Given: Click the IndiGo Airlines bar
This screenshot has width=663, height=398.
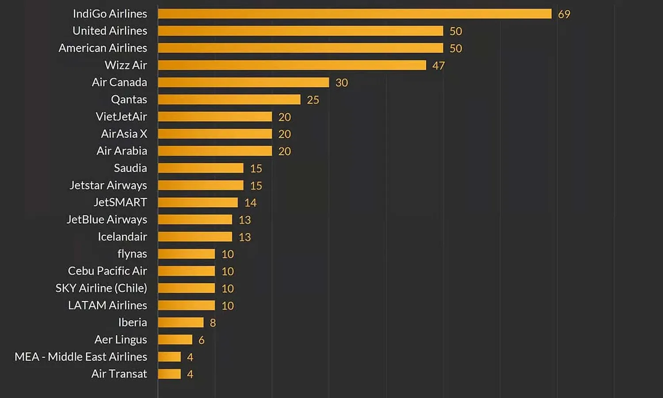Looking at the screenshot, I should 354,14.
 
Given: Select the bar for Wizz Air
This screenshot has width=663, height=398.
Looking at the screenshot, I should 292,65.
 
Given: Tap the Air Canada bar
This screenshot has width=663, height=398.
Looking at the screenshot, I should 243,82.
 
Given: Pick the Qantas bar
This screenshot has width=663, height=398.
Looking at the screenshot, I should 229,99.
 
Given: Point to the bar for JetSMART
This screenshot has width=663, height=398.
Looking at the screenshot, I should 198,203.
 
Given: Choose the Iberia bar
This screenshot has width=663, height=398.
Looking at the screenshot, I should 180,322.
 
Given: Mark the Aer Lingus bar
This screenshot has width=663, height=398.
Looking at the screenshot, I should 175,340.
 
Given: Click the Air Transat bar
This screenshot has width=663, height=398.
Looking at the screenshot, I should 169,374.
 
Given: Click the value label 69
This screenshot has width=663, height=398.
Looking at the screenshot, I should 564,14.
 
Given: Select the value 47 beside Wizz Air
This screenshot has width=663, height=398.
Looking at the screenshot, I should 438,66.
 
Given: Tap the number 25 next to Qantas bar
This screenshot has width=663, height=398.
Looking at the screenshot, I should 313,100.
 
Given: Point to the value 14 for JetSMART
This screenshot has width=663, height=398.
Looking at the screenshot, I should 250,203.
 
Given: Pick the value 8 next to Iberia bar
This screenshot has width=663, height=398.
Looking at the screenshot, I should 213,323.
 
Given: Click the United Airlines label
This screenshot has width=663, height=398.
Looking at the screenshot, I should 110,31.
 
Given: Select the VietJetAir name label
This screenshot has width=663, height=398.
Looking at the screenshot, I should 121,117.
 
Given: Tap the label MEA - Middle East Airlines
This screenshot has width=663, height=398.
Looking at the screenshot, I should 81,357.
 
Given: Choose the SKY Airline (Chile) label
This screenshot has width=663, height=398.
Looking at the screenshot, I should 101,288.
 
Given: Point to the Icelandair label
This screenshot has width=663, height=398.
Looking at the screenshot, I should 122,237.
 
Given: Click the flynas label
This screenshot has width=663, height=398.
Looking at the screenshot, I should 132,254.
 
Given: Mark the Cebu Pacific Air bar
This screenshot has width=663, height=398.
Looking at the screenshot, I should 186,271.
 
